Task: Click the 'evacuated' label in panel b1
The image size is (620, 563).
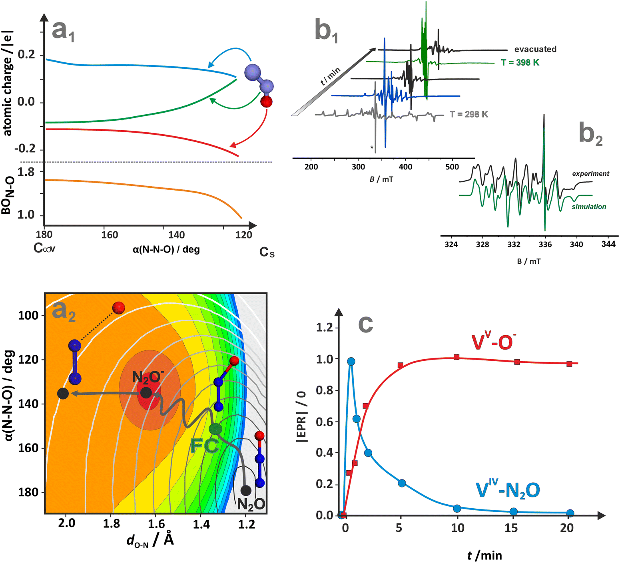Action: (535, 49)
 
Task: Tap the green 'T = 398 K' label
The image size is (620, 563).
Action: (520, 63)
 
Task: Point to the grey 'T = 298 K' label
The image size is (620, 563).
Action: (468, 114)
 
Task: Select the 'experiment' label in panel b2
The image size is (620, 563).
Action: (590, 173)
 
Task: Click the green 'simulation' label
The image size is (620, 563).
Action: (588, 207)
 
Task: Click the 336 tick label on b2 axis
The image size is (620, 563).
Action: (545, 244)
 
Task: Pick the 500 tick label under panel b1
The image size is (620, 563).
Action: (452, 167)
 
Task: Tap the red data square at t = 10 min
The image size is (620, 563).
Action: (457, 357)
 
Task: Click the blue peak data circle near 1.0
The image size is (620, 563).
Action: (351, 362)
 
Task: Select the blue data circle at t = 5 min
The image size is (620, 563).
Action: (402, 483)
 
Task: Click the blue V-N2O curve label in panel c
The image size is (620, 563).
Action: (508, 490)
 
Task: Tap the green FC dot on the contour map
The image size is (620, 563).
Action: (215, 429)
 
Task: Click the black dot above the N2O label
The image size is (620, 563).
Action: (246, 490)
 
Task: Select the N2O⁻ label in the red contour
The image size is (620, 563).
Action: (148, 377)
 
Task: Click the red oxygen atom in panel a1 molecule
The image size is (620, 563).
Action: (266, 101)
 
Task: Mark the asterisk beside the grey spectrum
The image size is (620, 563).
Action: (372, 148)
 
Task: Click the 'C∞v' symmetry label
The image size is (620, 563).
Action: (44, 248)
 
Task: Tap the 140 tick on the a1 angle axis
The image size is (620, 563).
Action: (176, 235)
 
